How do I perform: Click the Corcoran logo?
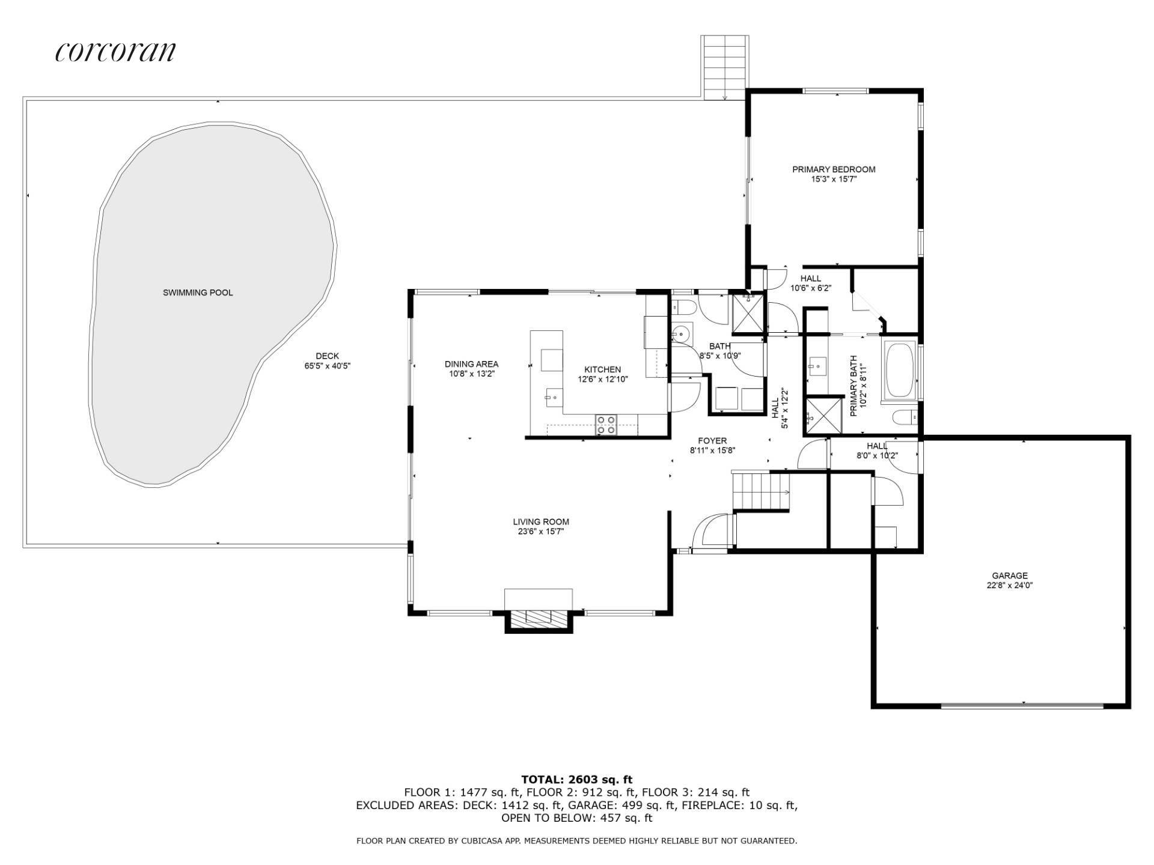115,52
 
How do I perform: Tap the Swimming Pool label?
198,293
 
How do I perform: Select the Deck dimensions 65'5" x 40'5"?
328,365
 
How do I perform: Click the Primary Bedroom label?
834,169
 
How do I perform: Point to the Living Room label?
541,522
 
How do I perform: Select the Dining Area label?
471,364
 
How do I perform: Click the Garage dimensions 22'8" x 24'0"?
1010,585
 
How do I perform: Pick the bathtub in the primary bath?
899,369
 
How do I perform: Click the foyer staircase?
761,490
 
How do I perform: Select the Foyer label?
713,440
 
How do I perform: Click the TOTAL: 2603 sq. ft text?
577,780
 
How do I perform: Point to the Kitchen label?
603,369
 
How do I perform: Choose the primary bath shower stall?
823,415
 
